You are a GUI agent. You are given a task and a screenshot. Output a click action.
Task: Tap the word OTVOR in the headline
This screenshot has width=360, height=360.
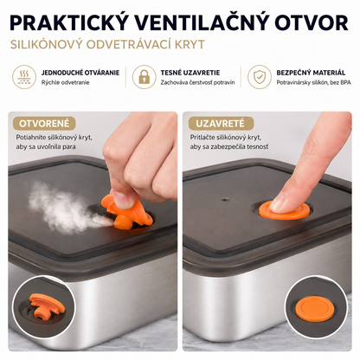312,22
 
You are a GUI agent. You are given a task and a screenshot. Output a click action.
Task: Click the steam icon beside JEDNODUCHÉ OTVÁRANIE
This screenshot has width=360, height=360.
24,77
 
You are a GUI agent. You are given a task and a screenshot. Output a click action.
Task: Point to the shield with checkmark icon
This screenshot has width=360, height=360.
260,77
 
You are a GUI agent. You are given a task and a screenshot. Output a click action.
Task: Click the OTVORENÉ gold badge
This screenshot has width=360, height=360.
44,124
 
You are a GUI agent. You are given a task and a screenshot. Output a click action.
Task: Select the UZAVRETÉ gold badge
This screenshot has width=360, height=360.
220,124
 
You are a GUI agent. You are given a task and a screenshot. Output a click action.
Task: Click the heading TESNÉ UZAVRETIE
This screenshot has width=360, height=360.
190,73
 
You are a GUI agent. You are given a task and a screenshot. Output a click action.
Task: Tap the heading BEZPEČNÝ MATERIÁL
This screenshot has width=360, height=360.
311,73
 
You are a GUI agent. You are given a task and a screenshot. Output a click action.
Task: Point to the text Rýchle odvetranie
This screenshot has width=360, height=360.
65,82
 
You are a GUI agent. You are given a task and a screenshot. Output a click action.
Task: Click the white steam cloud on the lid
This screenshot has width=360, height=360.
61,205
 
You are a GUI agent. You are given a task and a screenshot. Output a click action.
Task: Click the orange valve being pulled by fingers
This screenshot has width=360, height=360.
127,210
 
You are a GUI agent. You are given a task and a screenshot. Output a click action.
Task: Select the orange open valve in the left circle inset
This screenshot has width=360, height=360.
46,305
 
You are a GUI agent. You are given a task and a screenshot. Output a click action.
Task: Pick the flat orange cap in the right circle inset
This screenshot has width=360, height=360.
313,310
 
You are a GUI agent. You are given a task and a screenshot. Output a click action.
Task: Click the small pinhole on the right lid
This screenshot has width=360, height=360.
225,199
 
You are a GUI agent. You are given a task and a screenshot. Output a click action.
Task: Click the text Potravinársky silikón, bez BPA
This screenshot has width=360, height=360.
313,82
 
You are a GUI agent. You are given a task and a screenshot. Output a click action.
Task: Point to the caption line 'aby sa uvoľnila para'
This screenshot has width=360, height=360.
46,146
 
